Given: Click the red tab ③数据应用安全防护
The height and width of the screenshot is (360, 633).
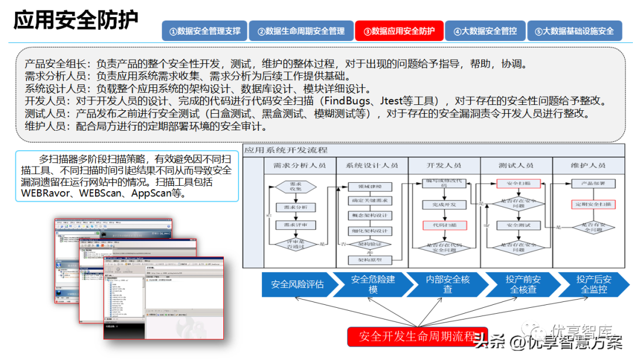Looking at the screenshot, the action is coord(399,31).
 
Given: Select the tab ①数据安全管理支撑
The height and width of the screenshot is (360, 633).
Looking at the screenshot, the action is coord(205,31).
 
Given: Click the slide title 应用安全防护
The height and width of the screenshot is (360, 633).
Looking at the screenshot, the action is coord(76,21).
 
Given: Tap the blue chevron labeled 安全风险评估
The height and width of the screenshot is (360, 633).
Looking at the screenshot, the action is coord(297,284).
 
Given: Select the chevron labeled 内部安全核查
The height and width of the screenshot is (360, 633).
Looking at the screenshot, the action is coord(448,284).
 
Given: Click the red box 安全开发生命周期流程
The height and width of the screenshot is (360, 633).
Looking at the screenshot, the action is coord(417,337).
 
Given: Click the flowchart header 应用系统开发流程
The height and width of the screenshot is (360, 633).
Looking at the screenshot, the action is coord(287,151).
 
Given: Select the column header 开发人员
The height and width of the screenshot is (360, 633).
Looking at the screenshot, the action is coord(444,165).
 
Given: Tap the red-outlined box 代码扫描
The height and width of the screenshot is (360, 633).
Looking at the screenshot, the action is coord(444,225).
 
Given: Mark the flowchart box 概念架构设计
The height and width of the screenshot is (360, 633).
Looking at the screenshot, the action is coord(369,215).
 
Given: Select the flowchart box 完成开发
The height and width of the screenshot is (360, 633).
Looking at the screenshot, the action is coord(444,205).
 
